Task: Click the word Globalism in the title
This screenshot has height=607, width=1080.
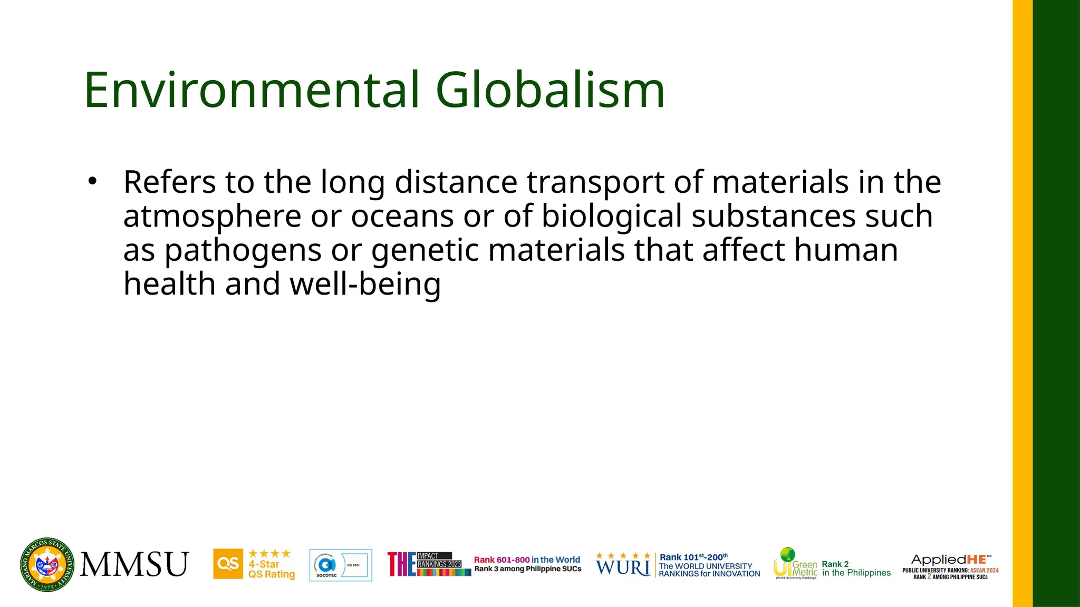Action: tap(550, 91)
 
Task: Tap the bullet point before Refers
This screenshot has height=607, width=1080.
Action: tap(93, 181)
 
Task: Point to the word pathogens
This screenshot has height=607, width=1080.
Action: tap(243, 251)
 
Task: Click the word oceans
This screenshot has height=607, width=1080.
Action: tap(402, 217)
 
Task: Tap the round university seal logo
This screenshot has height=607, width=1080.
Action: tap(47, 565)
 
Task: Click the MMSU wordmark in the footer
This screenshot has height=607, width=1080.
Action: tap(134, 564)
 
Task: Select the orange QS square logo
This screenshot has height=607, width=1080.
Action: tap(228, 564)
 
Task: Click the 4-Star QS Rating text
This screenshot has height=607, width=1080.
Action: tap(271, 569)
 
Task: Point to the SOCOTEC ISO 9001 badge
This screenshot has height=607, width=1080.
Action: tap(340, 565)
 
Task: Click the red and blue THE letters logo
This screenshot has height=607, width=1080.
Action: tap(401, 564)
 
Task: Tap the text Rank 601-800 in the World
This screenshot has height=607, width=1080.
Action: tap(527, 560)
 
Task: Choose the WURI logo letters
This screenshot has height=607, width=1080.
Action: tap(623, 567)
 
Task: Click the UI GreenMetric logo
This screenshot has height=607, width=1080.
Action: tap(795, 563)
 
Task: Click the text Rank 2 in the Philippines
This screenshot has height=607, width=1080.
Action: tap(856, 569)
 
